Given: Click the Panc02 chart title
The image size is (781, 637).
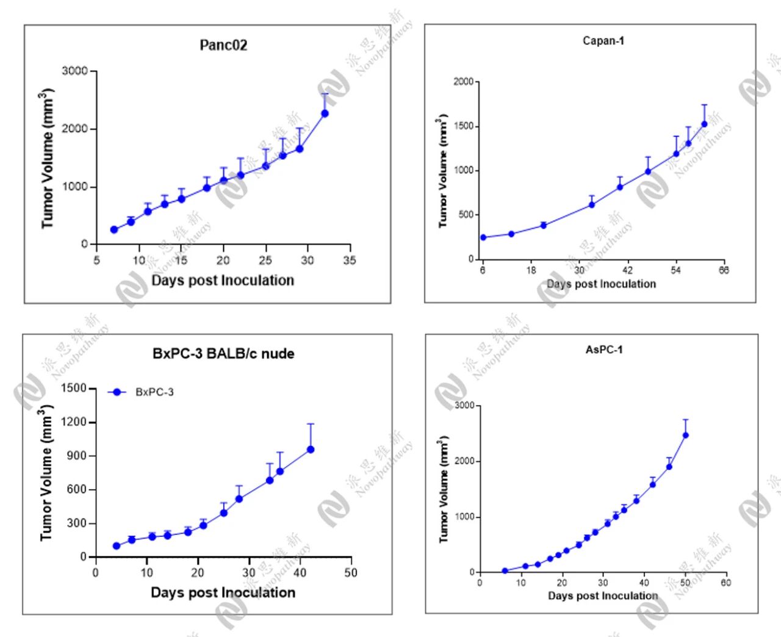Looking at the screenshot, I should click(x=223, y=46).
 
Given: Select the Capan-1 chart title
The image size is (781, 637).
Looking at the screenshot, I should click(x=603, y=41).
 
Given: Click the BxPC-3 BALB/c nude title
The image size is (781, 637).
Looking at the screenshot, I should click(x=223, y=354).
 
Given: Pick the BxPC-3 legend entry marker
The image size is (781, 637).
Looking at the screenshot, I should click(x=117, y=392).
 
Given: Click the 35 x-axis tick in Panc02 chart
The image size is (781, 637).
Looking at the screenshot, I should click(x=350, y=261).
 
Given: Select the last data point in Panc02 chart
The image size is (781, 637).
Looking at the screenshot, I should click(x=325, y=113).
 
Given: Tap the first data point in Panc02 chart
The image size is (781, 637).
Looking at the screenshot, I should click(x=114, y=229).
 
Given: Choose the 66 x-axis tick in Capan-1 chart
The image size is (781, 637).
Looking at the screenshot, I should click(x=723, y=270).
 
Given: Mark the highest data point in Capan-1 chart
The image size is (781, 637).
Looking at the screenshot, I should click(x=704, y=124).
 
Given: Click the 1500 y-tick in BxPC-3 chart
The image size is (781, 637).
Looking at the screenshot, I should click(x=74, y=389).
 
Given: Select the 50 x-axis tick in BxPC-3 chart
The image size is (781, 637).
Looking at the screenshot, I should click(x=350, y=573).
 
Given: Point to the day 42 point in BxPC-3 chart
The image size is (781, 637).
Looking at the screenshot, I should click(x=310, y=450).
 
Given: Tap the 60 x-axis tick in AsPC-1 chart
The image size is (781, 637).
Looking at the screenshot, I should click(x=725, y=583).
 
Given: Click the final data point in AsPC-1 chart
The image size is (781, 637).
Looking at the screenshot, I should click(x=685, y=435).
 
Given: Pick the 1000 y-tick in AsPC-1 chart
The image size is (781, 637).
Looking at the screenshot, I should click(x=464, y=517).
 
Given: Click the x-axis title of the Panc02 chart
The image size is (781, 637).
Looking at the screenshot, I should click(x=223, y=281).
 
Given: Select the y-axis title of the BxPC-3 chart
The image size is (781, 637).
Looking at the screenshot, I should click(x=47, y=472).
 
